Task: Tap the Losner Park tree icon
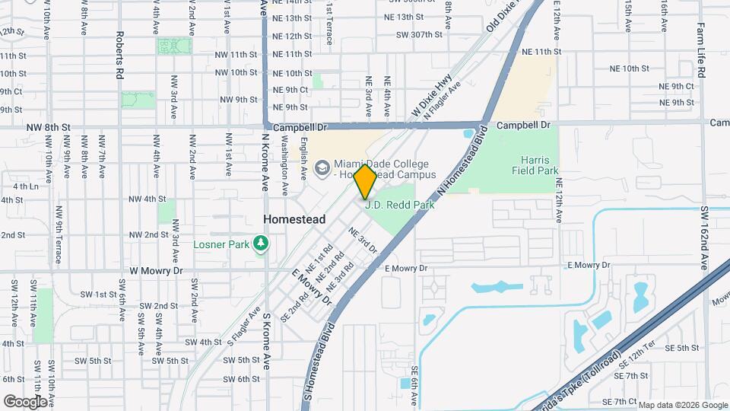(262, 244)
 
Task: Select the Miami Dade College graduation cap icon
(322, 166)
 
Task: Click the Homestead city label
(294, 219)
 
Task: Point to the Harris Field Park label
(541, 165)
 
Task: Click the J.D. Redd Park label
(399, 204)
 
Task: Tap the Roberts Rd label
(120, 56)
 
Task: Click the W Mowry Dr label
(157, 270)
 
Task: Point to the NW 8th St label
(48, 127)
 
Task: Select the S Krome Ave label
(266, 340)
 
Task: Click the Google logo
(25, 401)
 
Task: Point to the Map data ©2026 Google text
(682, 404)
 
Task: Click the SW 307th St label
(419, 35)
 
